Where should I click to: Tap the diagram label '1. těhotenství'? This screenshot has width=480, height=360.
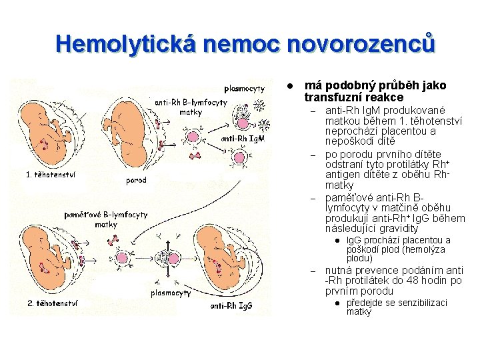[51, 175]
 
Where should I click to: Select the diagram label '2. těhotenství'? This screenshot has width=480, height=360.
[53, 303]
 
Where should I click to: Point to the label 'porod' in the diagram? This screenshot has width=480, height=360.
[136, 180]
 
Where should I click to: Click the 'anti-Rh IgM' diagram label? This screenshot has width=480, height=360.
[243, 139]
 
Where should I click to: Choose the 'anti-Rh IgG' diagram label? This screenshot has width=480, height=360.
[231, 306]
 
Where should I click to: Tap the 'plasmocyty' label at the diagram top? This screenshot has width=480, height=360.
[245, 88]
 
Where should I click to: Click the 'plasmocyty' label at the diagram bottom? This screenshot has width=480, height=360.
[171, 292]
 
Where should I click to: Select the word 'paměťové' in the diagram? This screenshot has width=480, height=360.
[85, 215]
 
